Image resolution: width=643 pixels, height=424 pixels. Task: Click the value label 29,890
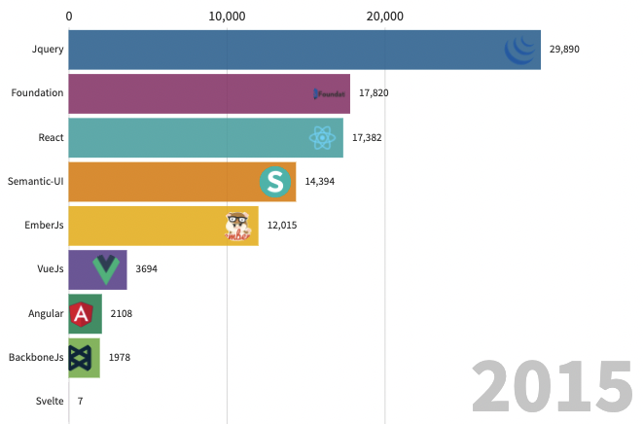[x=564, y=49]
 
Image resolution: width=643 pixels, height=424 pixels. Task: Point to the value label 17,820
[x=374, y=93]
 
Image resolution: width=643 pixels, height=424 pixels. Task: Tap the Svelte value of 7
[x=81, y=402]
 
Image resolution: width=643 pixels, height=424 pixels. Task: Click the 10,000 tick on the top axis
[x=227, y=16]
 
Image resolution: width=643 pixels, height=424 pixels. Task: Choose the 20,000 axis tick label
[x=385, y=16]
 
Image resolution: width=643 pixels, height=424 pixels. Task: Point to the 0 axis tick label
[x=69, y=16]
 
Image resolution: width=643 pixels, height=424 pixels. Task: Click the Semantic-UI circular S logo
[x=276, y=182]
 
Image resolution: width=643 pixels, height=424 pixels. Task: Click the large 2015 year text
[x=552, y=386]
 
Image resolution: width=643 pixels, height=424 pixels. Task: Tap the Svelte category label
[x=49, y=402]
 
